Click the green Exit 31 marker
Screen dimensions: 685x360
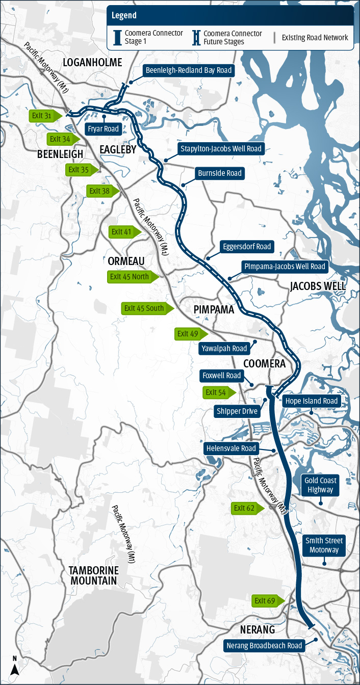tap(44, 116)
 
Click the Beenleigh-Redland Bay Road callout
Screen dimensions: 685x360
tap(188, 70)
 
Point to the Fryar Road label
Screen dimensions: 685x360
tap(103, 129)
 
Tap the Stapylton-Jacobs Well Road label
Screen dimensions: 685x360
tap(221, 149)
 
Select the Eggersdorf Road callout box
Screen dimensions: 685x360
tap(246, 247)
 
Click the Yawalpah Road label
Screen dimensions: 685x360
tap(225, 349)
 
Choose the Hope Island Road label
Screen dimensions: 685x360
tap(311, 401)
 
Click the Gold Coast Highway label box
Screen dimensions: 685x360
tap(320, 485)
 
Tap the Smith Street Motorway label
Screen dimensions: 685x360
tap(324, 545)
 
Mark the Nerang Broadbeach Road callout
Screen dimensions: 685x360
tap(264, 646)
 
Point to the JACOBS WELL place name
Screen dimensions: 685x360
tap(318, 286)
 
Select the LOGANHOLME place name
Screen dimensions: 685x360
tap(92, 62)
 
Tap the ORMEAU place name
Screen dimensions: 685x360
tap(126, 261)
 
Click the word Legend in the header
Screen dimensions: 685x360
tap(124, 16)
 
